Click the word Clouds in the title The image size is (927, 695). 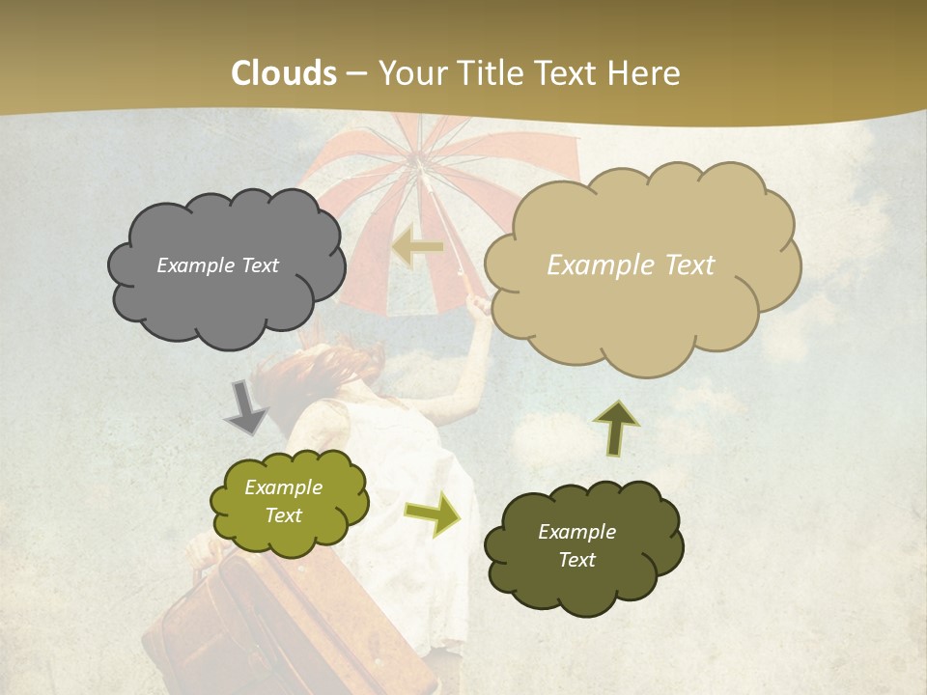tap(284, 73)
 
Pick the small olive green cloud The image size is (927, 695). tap(289, 502)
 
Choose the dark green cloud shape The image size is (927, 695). tap(583, 545)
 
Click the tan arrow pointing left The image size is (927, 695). tap(417, 248)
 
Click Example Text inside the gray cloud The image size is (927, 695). tap(217, 265)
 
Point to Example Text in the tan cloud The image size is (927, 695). tap(631, 265)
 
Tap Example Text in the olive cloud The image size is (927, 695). tap(283, 501)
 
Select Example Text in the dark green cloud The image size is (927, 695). tap(576, 545)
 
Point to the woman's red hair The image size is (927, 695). tap(333, 372)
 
